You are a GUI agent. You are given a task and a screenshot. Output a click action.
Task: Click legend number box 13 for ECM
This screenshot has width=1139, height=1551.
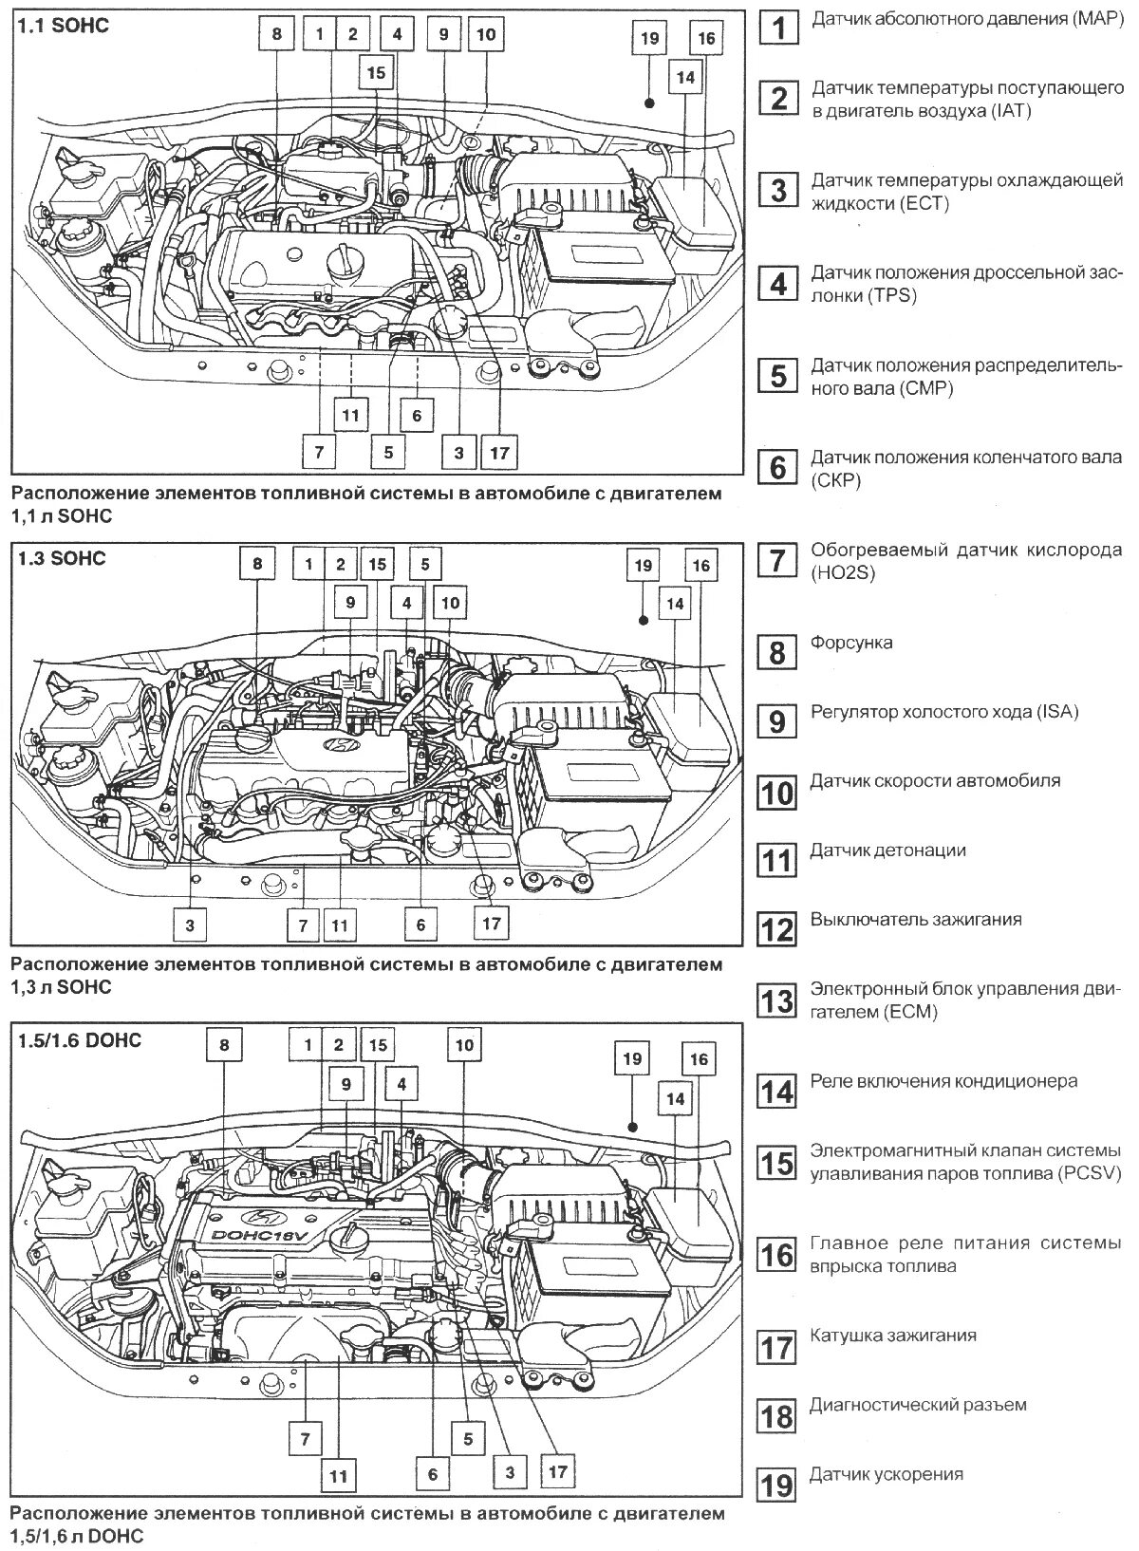tap(777, 1000)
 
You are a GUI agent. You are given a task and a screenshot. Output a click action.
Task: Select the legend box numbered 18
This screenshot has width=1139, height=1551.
tap(777, 1416)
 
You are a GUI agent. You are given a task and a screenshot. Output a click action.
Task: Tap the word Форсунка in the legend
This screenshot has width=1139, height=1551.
tap(851, 643)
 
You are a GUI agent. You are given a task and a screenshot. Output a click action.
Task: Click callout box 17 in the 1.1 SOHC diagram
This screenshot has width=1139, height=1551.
tap(499, 453)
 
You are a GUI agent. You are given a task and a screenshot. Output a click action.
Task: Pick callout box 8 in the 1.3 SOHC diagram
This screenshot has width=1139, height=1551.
tap(256, 564)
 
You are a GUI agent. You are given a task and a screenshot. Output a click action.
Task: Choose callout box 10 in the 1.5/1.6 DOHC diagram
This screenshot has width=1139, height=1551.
tap(464, 1046)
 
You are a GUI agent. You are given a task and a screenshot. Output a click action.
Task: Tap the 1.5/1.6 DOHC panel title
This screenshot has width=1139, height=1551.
tap(80, 1040)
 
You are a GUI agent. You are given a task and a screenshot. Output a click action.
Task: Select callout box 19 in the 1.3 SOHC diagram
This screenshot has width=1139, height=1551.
tap(643, 566)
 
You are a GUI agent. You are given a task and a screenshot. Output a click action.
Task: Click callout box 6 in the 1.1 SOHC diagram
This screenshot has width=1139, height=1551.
tap(417, 415)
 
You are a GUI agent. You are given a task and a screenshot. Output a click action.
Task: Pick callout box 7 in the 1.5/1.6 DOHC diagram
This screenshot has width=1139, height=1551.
tap(306, 1440)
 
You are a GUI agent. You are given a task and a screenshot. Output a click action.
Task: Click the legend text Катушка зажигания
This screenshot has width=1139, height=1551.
tap(893, 1336)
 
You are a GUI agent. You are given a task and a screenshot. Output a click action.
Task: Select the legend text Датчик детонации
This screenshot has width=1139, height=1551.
tap(887, 850)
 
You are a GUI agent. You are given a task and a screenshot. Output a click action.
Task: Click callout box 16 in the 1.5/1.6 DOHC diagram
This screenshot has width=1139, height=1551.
tap(699, 1059)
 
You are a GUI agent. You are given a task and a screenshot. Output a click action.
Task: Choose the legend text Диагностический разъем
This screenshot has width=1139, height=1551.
tap(918, 1405)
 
